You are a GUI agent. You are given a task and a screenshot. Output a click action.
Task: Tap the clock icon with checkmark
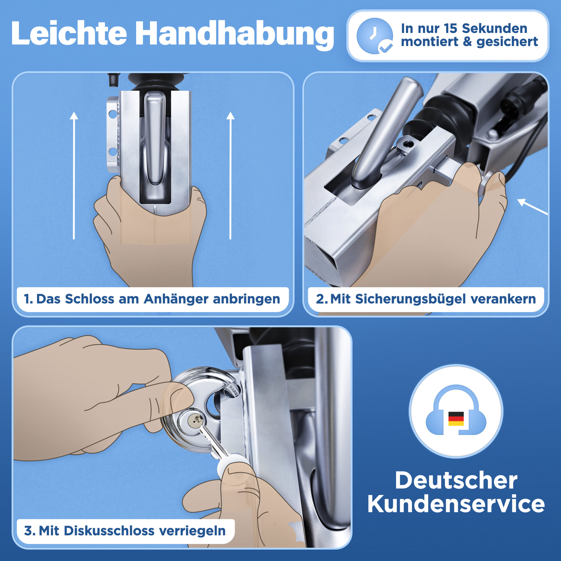375,36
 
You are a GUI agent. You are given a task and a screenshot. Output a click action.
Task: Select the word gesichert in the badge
507,42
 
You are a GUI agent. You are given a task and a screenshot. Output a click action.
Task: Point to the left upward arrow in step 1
74,176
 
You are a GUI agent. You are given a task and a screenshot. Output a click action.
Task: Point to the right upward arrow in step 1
230,176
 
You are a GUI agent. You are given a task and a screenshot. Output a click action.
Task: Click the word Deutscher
456,481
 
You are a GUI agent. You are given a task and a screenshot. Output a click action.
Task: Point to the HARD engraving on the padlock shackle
234,390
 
